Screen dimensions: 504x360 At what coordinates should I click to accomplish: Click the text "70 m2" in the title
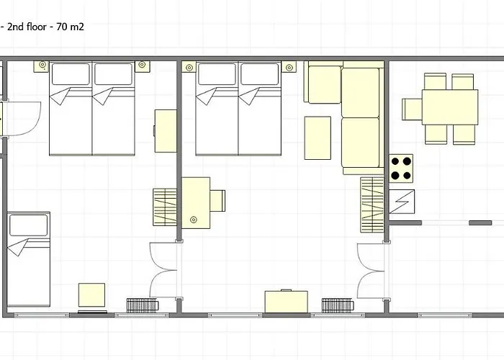coord(70,27)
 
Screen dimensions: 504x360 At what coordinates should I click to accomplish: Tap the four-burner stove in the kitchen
coord(401,168)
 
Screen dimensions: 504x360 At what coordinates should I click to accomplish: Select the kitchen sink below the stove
coord(402,202)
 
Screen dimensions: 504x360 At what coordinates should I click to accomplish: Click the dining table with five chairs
coord(450,107)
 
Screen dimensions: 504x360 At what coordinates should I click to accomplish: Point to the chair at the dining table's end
coord(412,109)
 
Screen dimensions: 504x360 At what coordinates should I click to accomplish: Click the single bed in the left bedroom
coord(29,259)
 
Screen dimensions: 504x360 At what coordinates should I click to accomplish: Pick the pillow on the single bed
coord(29,225)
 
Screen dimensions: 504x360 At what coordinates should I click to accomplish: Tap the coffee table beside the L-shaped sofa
coord(318,138)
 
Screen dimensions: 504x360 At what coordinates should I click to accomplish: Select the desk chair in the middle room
coord(217,201)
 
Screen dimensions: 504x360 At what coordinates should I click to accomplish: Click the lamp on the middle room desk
coord(194,220)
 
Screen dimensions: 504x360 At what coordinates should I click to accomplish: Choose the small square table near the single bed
coord(91,294)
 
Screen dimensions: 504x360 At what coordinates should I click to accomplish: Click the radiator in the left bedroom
coord(143,305)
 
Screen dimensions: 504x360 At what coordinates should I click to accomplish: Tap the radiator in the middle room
coord(338,305)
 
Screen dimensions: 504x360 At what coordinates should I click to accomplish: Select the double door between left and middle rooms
coord(163,270)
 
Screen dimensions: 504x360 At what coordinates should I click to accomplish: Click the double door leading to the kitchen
coord(371,271)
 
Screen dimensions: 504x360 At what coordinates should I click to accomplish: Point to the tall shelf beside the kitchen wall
coord(372,204)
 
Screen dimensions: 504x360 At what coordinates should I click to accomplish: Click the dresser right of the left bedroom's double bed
coord(166,131)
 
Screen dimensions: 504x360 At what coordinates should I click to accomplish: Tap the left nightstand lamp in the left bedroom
coord(42,65)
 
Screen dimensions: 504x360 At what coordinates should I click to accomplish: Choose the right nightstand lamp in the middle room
coord(289,68)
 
